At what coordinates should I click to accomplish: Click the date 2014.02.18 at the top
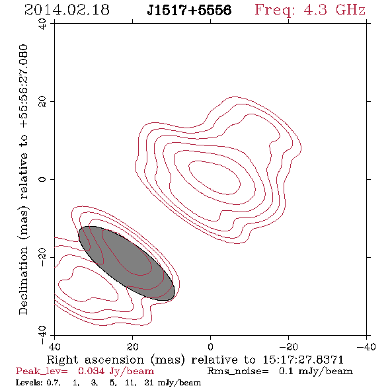[67, 10]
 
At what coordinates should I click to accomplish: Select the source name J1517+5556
[189, 10]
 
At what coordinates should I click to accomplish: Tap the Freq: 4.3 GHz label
[310, 10]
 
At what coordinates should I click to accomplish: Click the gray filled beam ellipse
[127, 263]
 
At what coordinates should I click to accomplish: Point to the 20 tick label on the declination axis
[42, 101]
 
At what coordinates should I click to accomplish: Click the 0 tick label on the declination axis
[42, 179]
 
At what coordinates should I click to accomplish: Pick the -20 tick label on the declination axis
[42, 257]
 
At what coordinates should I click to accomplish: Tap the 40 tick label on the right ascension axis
[54, 347]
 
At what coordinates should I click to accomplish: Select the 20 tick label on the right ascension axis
[132, 347]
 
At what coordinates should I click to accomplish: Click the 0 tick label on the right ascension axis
[210, 347]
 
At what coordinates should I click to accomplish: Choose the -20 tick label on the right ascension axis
[288, 347]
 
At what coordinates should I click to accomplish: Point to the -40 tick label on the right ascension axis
[366, 347]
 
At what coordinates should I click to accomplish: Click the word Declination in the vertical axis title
[23, 280]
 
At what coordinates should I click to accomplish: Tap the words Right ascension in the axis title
[95, 360]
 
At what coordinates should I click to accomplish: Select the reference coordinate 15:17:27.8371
[303, 360]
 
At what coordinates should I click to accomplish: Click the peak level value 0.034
[91, 371]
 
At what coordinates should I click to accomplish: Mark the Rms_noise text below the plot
[238, 371]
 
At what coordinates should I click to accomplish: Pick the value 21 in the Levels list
[149, 382]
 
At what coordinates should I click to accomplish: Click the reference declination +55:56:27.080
[24, 86]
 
